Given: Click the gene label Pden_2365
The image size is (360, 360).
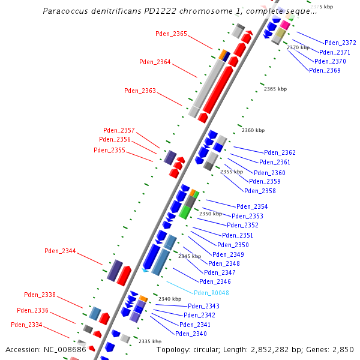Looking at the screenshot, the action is (x=171, y=34).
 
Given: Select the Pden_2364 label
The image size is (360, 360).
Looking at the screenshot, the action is (x=155, y=62).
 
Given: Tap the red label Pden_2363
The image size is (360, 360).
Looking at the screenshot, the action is (x=140, y=91).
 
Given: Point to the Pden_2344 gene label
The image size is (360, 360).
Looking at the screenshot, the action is (x=60, y=251).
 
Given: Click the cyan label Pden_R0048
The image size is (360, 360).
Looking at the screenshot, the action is (x=211, y=293).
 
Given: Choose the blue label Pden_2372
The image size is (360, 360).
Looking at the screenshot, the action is (x=340, y=43).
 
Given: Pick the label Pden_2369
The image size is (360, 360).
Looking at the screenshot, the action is (x=325, y=71).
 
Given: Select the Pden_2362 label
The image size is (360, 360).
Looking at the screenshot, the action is (x=280, y=153).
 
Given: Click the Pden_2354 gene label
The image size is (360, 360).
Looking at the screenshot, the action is (x=252, y=207).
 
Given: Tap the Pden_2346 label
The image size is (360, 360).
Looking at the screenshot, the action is (x=215, y=281).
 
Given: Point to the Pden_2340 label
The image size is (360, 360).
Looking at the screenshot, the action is (x=191, y=334).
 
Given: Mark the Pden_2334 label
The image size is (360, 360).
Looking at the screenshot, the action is (x=26, y=325).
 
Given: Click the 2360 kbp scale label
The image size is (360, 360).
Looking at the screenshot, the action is (x=253, y=130).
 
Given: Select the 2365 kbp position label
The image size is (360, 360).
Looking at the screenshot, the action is (x=275, y=89).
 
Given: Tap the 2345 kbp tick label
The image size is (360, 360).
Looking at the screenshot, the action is (x=189, y=256).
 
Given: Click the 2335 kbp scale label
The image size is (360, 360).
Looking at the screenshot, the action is (x=150, y=341).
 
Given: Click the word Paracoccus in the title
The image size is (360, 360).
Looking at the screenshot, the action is (x=67, y=11).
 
